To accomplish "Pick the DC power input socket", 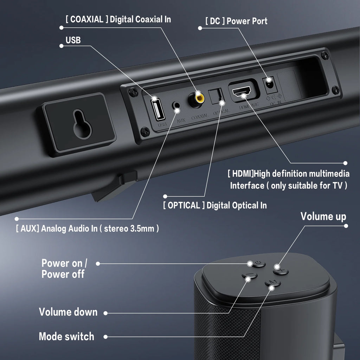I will (269, 84).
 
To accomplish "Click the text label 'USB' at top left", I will (73, 40).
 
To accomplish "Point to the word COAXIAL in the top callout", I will (87, 19).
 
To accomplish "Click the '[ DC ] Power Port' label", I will (236, 21).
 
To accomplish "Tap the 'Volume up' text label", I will (323, 217).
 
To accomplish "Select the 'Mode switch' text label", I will (66, 336).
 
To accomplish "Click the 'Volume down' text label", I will (68, 312).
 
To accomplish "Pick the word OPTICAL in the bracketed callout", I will (184, 205).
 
